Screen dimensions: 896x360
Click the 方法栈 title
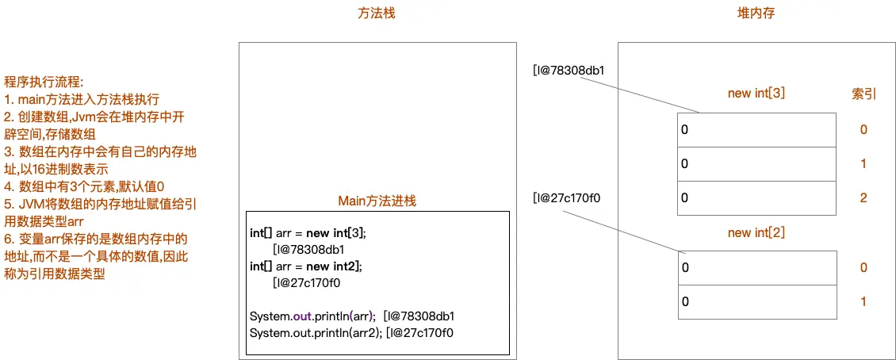377,13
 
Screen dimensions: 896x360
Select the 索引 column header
863,94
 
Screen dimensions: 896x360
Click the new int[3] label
756,94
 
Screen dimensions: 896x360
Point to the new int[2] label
756,232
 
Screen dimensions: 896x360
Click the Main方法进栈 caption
377,201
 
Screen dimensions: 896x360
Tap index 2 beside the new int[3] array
863,197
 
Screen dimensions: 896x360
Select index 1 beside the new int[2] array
863,301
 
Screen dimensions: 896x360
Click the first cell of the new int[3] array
756,129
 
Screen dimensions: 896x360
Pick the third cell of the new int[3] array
756,197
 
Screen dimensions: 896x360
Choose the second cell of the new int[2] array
756,301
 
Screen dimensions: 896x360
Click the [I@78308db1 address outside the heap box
569,70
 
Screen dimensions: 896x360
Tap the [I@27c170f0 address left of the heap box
566,197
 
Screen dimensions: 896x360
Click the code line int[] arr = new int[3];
307,234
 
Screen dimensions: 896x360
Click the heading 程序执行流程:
44,82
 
